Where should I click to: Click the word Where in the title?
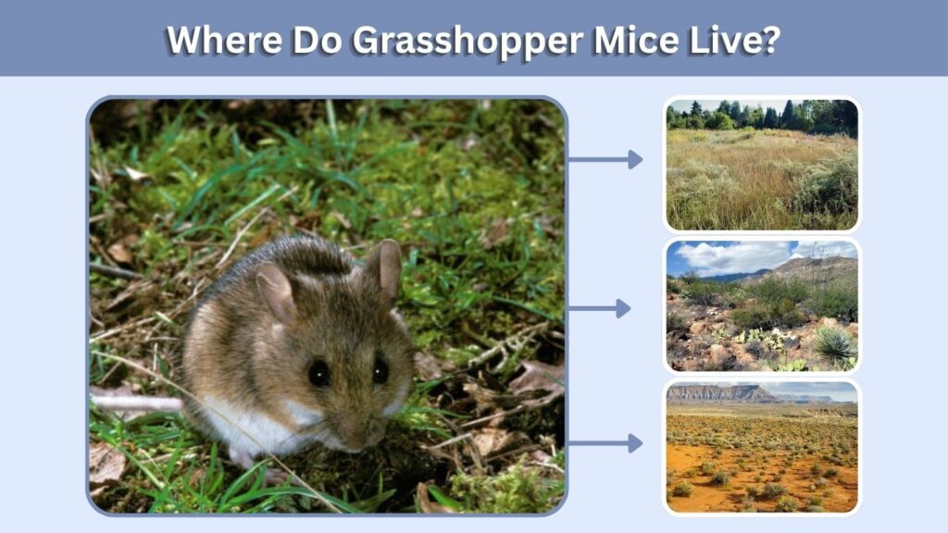pos(224,41)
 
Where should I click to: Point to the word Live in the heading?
pos(726,41)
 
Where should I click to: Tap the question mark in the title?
pos(772,41)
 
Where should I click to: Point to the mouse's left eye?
pos(318,373)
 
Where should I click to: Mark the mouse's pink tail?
pos(137,402)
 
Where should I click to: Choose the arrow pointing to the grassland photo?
pos(605,159)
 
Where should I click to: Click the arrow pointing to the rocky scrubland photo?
pos(600,309)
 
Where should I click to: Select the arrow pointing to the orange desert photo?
pos(605,443)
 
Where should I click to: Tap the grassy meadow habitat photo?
pos(762,165)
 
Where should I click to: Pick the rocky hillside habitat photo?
pos(762,305)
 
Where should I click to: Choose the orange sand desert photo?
pos(762,447)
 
